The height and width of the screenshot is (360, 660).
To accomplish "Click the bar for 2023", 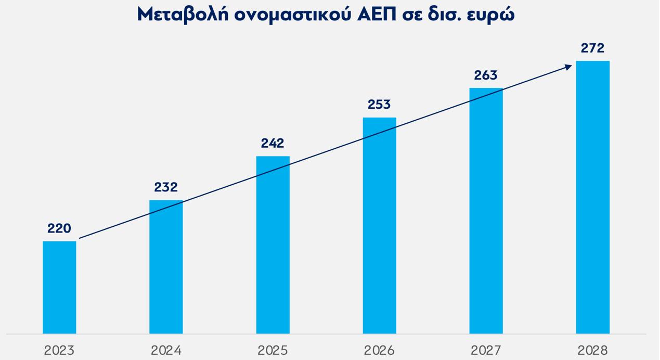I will (x=59, y=287).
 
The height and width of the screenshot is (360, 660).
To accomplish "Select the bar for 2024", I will (x=166, y=266).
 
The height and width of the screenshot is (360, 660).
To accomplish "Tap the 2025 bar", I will (x=273, y=245).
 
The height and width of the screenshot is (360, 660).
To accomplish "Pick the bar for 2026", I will (x=379, y=225).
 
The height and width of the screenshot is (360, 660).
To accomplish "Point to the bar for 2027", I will (x=486, y=211).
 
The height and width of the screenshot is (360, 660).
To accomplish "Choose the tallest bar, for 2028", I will (x=592, y=197).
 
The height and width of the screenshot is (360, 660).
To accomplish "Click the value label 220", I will (x=59, y=228).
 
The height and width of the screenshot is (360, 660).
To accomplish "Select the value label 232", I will (x=166, y=187).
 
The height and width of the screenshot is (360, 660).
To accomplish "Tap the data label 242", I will (x=273, y=143).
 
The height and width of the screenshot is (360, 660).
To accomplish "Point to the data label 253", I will (x=379, y=105).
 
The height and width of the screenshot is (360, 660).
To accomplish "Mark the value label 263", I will (x=486, y=75).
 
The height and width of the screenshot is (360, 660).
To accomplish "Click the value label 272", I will (x=592, y=48).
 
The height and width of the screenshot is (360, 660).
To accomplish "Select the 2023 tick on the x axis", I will (x=59, y=350).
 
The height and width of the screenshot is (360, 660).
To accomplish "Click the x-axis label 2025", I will (x=273, y=350).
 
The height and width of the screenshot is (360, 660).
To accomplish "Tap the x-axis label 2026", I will (x=379, y=350).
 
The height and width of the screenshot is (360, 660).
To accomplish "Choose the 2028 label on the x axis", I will (x=592, y=350).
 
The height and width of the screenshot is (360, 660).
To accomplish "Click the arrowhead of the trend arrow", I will (x=568, y=65).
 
